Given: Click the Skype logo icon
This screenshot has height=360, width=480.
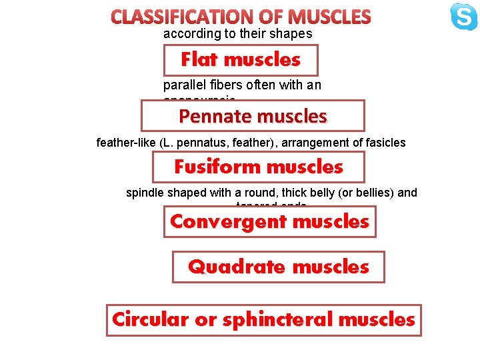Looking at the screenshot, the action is (x=463, y=17).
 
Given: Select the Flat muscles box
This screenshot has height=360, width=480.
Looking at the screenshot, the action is (x=241, y=60).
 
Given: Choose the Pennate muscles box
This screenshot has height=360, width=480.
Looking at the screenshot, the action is (x=253, y=116).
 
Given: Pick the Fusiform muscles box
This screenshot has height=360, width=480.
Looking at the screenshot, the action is (x=259, y=167).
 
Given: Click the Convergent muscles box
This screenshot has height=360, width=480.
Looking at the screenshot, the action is (x=269, y=221).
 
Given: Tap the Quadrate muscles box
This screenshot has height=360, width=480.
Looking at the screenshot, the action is (x=278, y=267).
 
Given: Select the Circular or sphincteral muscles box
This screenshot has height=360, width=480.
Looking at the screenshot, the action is (x=263, y=319).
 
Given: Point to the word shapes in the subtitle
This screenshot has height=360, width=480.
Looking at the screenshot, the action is (x=290, y=33).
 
